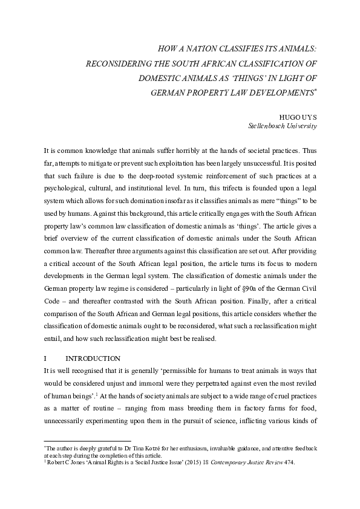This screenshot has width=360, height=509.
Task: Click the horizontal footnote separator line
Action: [x=88, y=441]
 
